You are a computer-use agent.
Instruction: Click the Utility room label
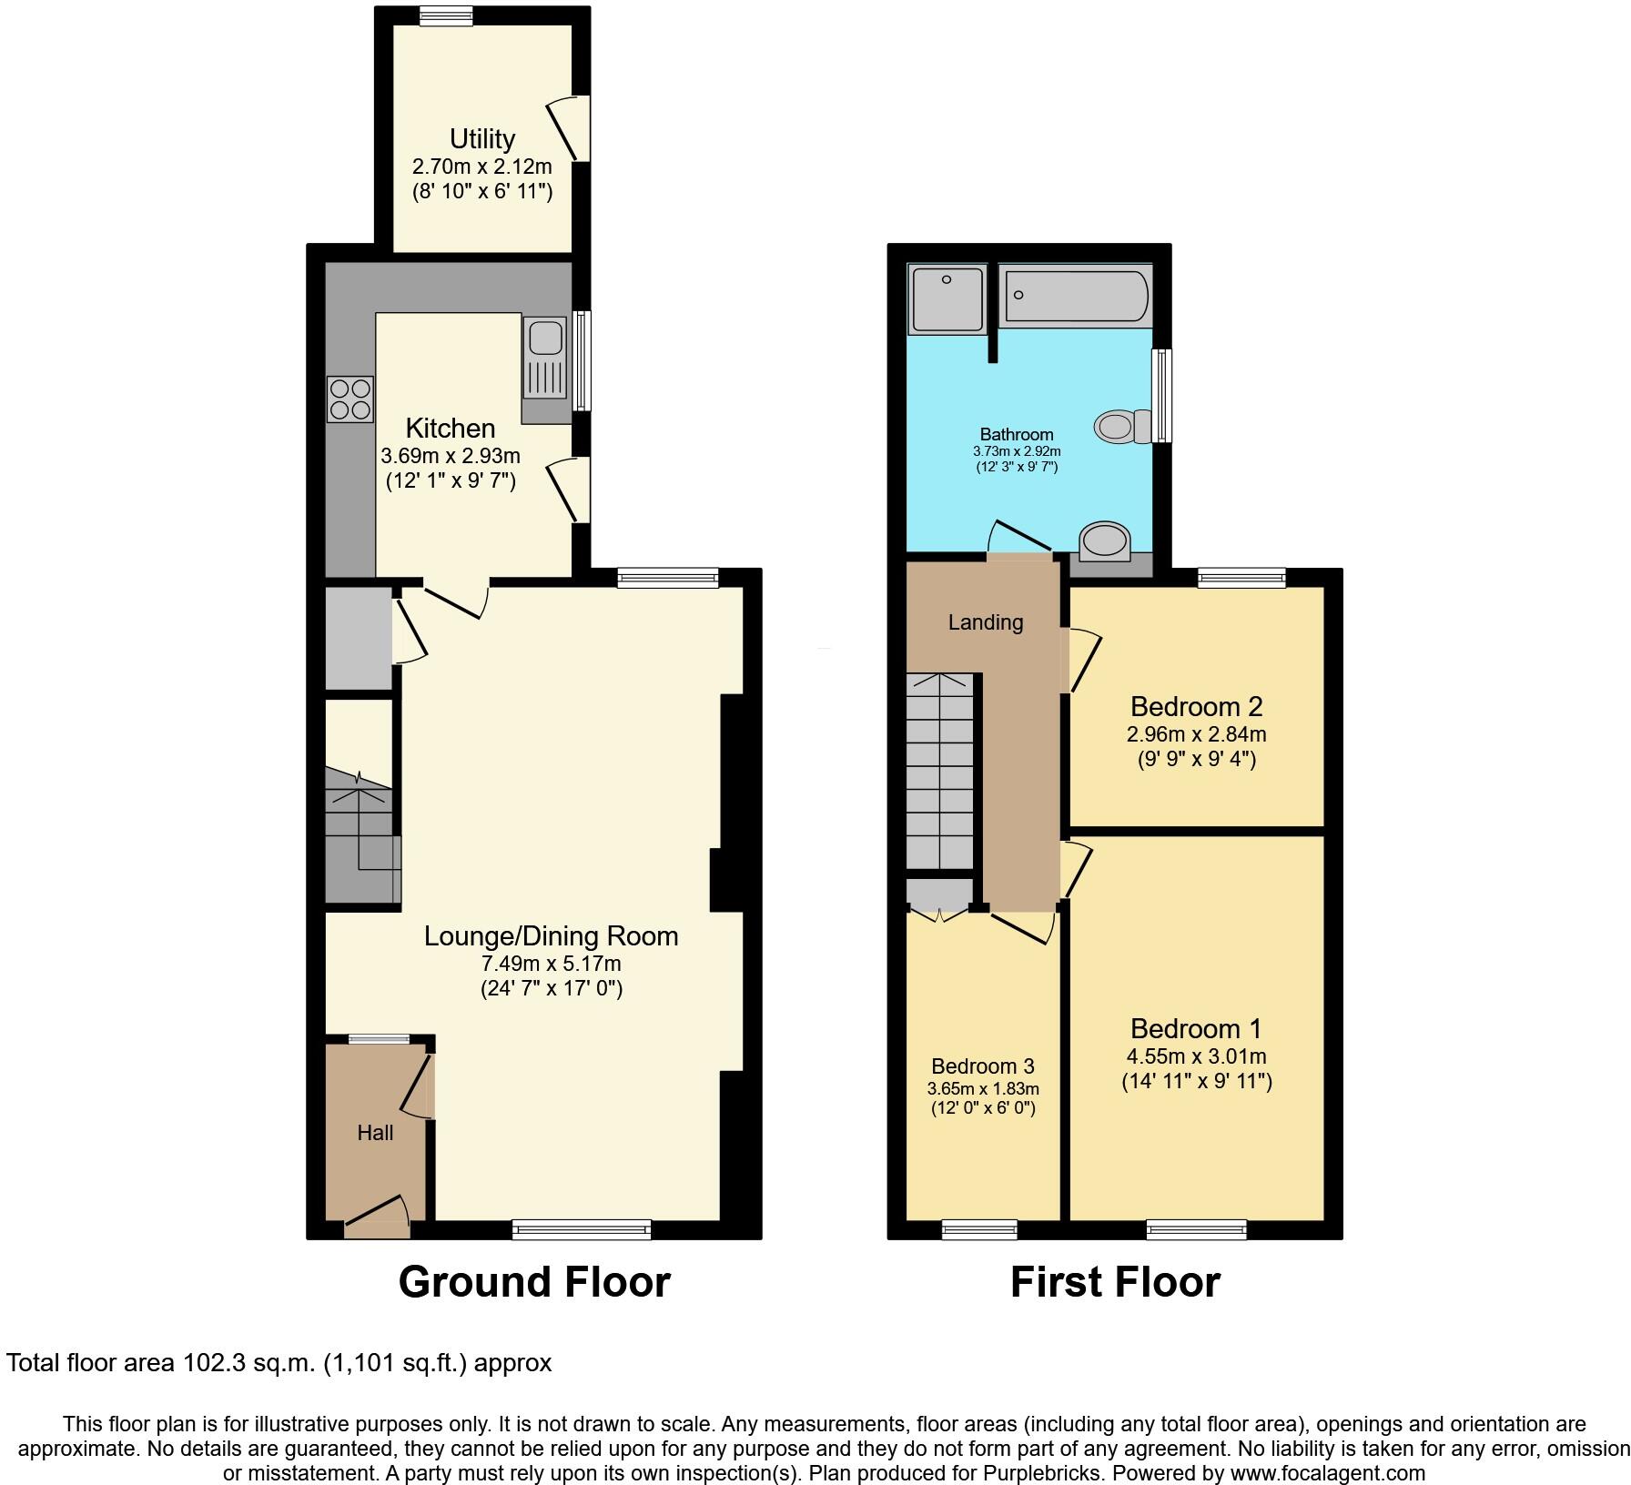(481, 139)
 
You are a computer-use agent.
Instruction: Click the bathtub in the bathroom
(1075, 295)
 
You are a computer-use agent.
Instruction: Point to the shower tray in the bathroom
(947, 298)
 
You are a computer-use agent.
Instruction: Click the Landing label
(985, 622)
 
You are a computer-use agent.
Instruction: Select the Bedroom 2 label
(1196, 706)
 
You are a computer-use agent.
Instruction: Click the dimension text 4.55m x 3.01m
(1196, 1056)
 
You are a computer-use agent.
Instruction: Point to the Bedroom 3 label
(983, 1066)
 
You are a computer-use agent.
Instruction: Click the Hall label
(375, 1133)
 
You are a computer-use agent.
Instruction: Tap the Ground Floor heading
(534, 1282)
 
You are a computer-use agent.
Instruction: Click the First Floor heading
(1114, 1282)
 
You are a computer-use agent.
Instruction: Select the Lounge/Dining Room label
(551, 936)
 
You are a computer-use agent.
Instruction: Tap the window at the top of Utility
(446, 15)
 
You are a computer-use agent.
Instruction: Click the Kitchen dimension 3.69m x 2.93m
(451, 456)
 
